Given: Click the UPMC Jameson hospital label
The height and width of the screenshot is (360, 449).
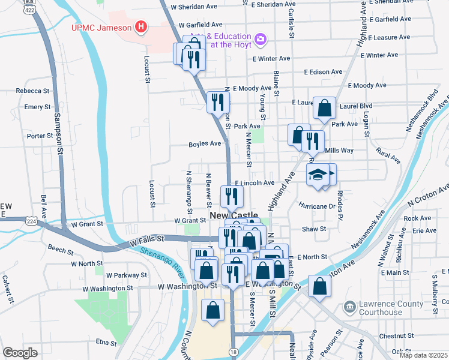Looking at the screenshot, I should pos(101,27).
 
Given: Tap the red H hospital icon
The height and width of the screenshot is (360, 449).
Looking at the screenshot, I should pos(140,26).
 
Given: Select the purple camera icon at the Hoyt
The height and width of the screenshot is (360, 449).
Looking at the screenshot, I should pos(261,40).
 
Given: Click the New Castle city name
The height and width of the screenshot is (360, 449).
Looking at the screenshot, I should pos(234,215).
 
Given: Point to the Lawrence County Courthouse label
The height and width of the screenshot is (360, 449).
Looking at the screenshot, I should pos(391,308).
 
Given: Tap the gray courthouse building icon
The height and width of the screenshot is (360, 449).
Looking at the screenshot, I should pos(349,308).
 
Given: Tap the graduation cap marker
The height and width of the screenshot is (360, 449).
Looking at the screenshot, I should pos(318,175).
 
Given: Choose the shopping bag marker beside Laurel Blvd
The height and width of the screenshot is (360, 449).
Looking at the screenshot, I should pos(324,109).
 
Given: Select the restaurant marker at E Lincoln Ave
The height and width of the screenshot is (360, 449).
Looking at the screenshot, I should pos(231,196).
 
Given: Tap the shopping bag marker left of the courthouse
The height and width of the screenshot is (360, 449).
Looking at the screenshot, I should pos(319,286).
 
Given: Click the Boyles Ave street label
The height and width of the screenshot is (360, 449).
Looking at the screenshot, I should pos(205,143).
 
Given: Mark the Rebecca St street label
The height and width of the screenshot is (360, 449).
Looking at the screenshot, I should pos(32,91).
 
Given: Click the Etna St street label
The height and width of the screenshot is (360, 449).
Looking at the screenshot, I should pos(105,343).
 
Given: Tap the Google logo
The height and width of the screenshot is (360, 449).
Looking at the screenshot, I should pos(20,352).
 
